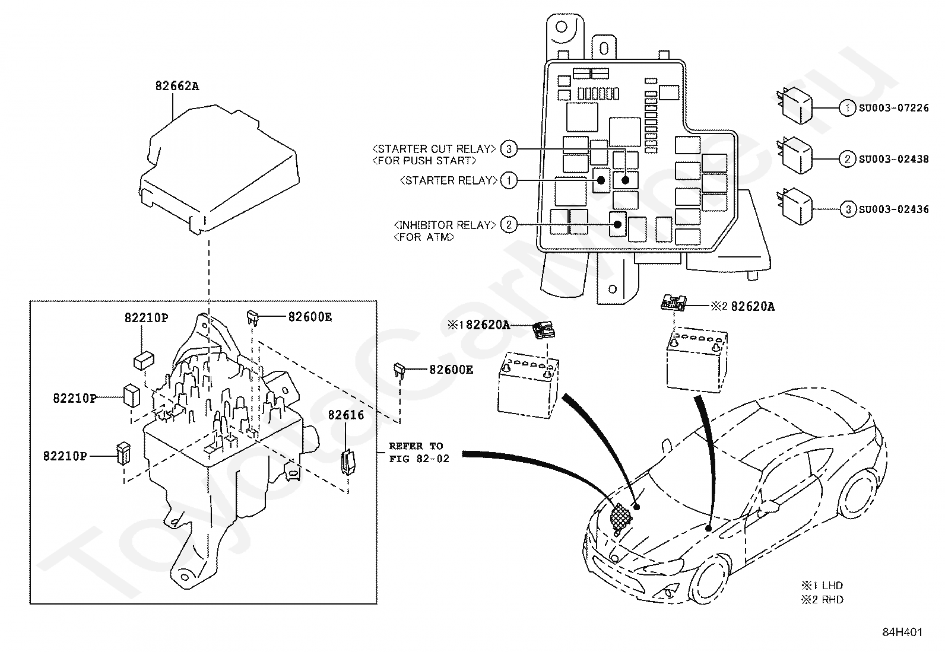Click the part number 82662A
click(177, 86)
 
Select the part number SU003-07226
click(894, 108)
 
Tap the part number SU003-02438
click(894, 160)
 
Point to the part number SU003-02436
click(894, 209)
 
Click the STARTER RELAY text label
click(448, 180)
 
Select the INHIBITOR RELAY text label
click(445, 225)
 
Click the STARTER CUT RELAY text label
click(434, 149)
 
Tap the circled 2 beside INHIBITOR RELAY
click(509, 225)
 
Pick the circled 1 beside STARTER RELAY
click(509, 181)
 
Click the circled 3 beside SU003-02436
click(848, 209)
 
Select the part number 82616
click(346, 415)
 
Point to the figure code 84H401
click(902, 632)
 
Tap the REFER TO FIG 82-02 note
click(419, 453)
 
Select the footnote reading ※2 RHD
click(822, 600)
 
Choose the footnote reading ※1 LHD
click(822, 586)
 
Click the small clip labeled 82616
click(348, 462)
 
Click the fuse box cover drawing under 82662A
click(220, 168)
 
